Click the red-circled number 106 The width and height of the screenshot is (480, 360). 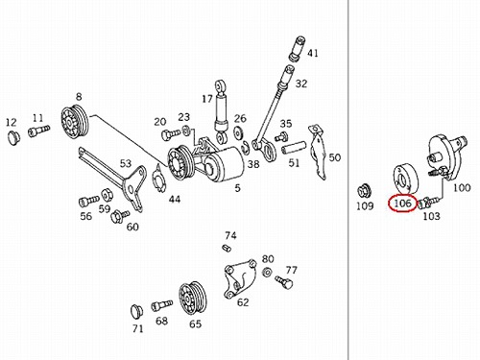point(402,203)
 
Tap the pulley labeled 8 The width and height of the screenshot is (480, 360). point(75,122)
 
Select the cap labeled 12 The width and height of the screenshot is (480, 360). point(13,137)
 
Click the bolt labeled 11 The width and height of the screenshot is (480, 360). point(38,132)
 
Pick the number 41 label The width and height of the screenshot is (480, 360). point(313,53)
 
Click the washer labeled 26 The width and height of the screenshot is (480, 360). point(238,132)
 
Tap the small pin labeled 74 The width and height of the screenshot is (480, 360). point(227,248)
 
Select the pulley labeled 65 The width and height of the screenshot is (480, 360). point(192,297)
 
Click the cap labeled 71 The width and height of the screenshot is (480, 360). point(137,311)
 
